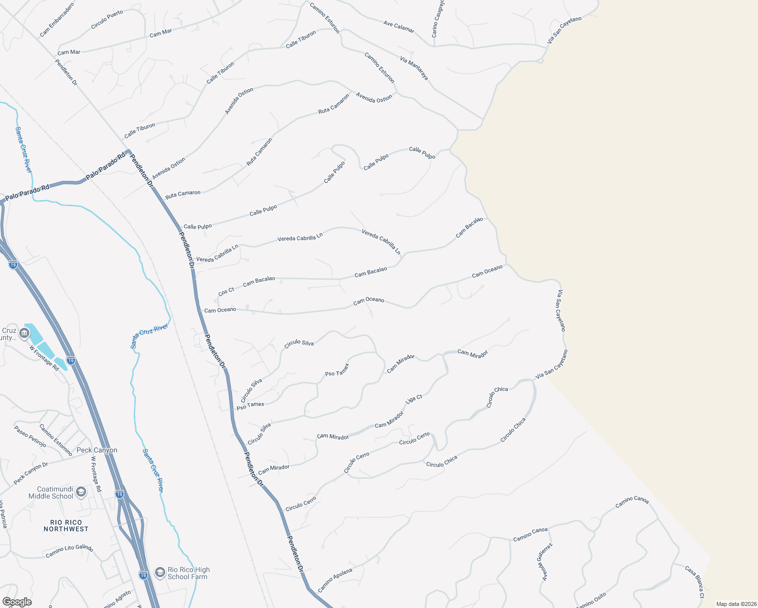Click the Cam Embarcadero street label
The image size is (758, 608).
57,20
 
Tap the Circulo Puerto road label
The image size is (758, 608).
107,20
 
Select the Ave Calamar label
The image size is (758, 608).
399,26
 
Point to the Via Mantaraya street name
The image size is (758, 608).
414,68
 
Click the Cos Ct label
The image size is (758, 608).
226,292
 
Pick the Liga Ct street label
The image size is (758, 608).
414,399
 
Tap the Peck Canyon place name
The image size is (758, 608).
97,450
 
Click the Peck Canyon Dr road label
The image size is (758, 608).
30,473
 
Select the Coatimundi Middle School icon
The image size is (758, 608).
81,492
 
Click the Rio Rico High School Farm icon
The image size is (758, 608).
160,573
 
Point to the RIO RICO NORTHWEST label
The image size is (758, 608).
66,525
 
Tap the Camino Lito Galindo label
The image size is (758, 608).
69,551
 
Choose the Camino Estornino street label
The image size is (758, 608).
56,439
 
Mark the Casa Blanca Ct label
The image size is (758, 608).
694,582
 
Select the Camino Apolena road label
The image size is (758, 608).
335,580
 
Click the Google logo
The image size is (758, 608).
17,602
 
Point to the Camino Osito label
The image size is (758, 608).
591,600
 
